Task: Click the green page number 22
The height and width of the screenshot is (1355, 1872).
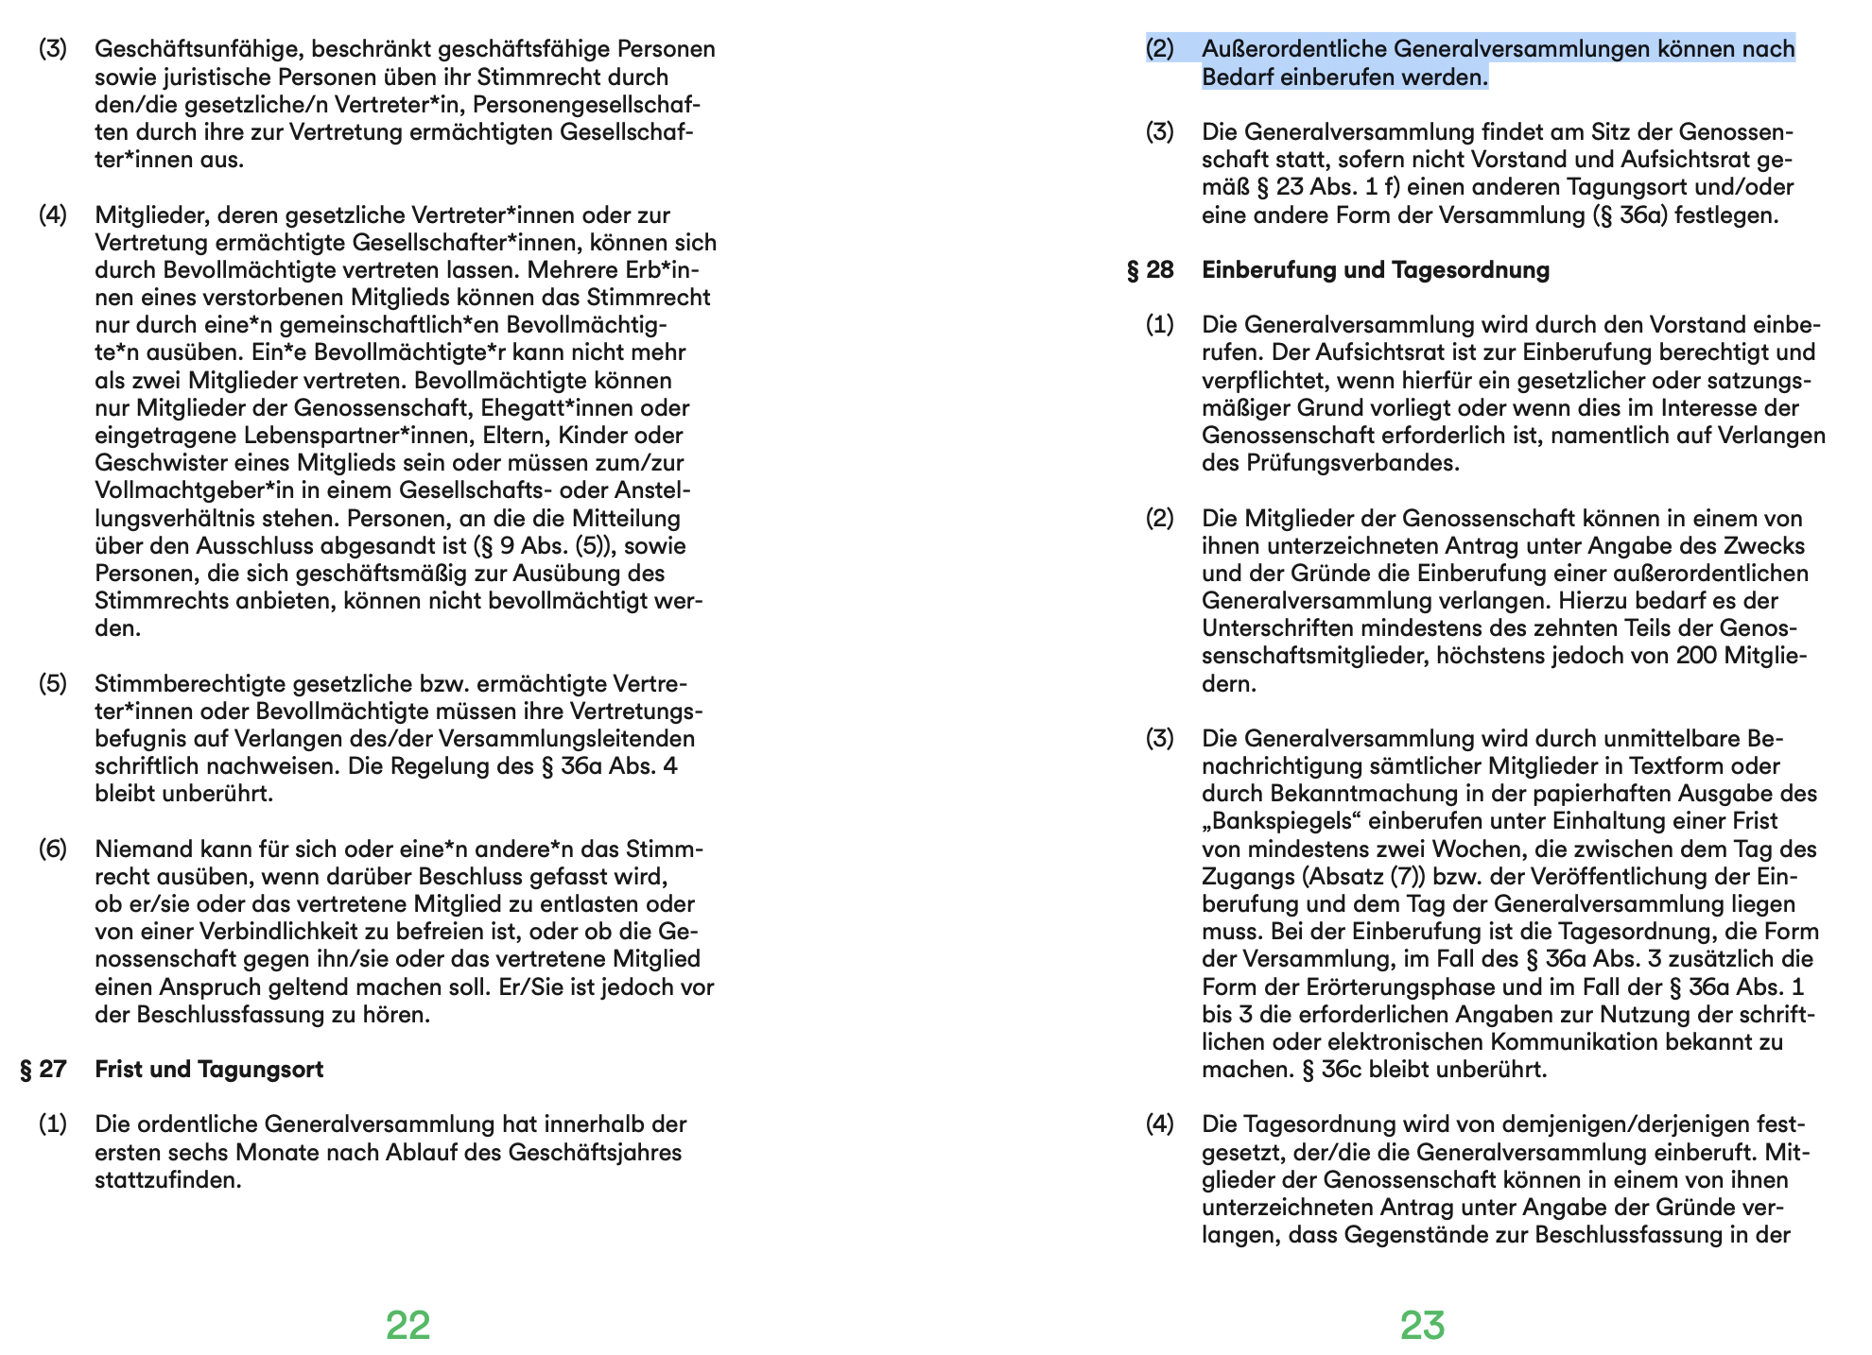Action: coord(407,1325)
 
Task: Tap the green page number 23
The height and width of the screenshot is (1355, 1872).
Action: coord(1422,1325)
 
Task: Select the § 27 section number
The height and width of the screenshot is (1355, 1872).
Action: coord(43,1069)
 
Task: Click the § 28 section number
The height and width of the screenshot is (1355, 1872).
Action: coord(1150,270)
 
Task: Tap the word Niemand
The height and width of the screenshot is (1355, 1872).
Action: coord(138,849)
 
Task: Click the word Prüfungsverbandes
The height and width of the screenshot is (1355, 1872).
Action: coord(1352,463)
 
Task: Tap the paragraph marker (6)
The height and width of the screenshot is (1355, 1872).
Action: coord(52,849)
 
